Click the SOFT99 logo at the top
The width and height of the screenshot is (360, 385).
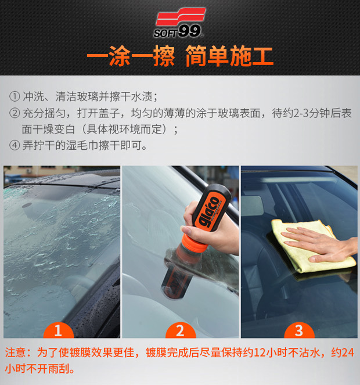pos(180,23)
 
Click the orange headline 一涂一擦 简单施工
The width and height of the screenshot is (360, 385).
pos(180,56)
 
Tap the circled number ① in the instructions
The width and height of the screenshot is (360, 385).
pos(15,96)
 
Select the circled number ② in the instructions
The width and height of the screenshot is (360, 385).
pos(15,113)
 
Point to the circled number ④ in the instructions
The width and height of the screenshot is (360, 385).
pos(15,145)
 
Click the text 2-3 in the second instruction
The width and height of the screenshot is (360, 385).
pos(301,113)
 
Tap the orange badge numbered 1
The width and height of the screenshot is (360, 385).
pos(59,330)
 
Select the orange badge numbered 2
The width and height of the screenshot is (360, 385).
pos(181,330)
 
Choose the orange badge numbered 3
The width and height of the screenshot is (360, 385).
pos(299,330)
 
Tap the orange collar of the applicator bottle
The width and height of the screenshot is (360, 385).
pos(195,243)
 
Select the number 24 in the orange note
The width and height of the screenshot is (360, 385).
pos(348,352)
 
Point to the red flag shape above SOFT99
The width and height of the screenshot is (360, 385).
pos(181,16)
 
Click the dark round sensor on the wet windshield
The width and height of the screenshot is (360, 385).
pos(27,205)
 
